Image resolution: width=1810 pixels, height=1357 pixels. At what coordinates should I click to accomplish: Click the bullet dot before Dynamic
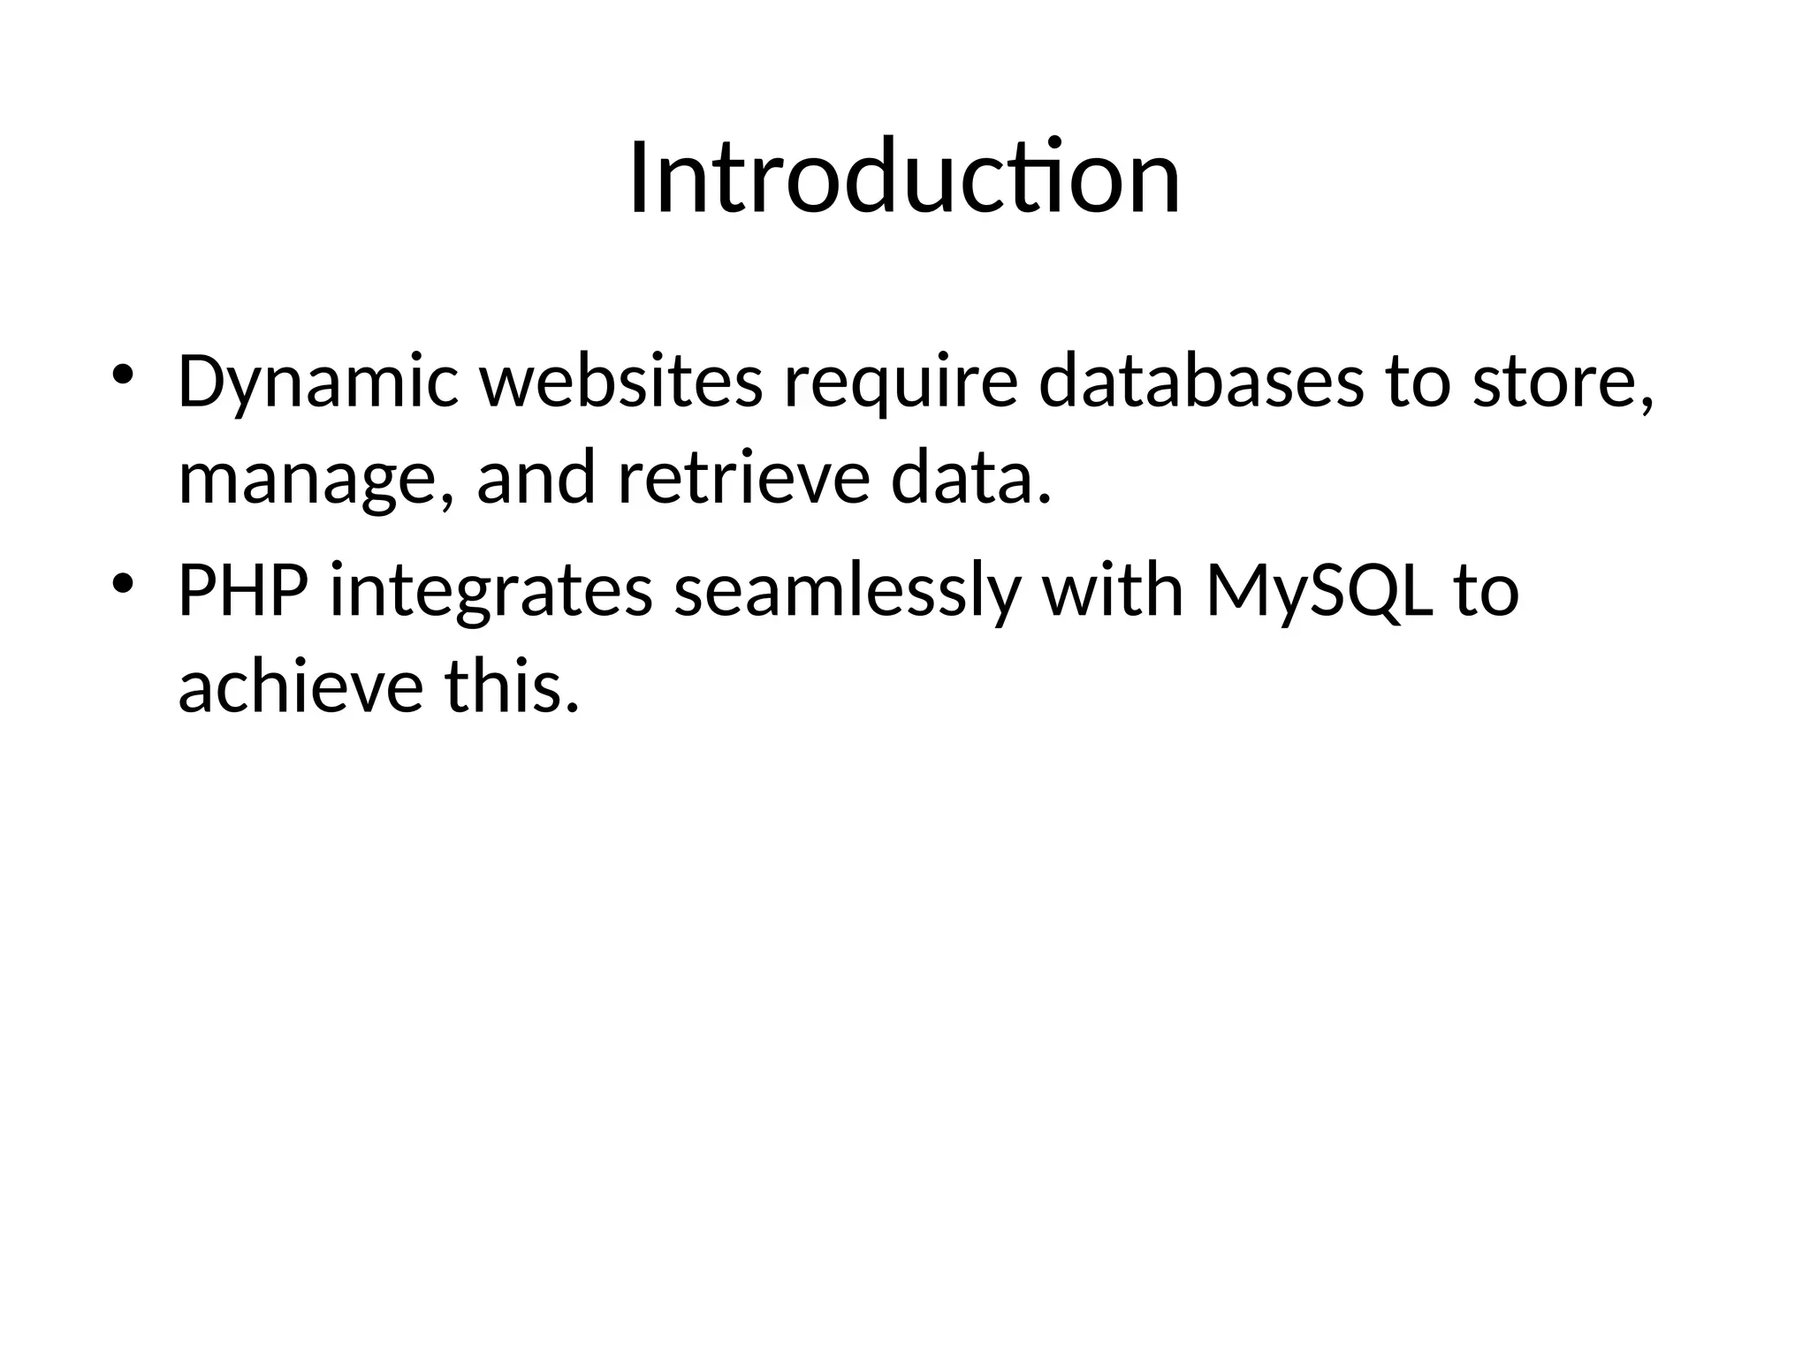click(123, 375)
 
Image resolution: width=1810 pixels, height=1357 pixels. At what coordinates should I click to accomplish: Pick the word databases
click(1201, 382)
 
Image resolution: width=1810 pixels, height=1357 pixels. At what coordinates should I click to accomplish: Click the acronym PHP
click(243, 590)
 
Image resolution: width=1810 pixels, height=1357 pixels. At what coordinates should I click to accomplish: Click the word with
click(1113, 590)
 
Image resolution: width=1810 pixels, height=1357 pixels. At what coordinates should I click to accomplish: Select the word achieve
click(300, 686)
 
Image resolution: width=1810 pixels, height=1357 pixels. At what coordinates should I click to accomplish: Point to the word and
click(536, 478)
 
